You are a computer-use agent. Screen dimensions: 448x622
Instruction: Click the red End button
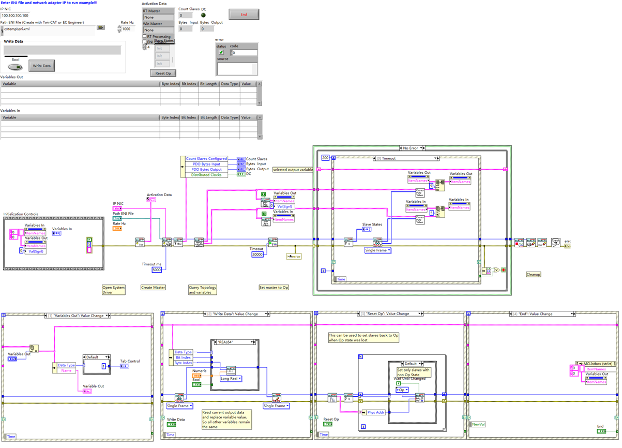[244, 14]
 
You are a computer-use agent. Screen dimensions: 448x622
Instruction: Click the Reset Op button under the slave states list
[163, 73]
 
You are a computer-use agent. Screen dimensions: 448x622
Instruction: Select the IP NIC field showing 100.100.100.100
[15, 16]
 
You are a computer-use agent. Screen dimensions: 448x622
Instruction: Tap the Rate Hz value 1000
[127, 29]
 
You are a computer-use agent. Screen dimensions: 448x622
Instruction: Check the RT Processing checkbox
[144, 37]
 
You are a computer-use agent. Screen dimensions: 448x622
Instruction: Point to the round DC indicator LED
[203, 15]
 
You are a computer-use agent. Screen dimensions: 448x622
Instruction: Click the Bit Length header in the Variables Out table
[209, 83]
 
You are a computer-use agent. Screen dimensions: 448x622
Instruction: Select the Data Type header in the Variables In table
[230, 117]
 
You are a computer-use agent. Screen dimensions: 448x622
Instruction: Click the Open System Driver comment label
[113, 290]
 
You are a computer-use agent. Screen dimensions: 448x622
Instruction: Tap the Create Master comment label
[153, 287]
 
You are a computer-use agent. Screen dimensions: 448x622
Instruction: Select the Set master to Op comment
[274, 287]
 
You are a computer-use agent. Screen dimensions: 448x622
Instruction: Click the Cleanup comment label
[533, 274]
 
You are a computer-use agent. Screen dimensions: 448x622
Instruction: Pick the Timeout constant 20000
[257, 255]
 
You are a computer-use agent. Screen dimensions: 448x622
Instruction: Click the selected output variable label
[293, 170]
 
